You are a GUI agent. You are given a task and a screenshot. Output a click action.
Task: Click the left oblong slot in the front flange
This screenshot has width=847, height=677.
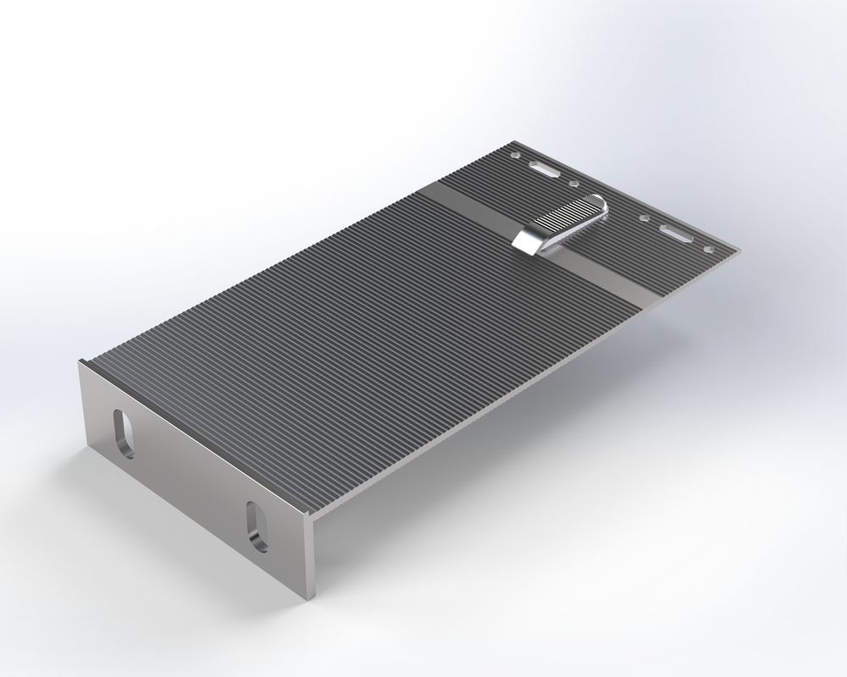(x=125, y=434)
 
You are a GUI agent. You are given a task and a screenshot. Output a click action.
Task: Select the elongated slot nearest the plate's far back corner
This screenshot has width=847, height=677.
(x=544, y=169)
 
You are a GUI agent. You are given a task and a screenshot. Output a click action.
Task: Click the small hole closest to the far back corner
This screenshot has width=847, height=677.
(x=514, y=156)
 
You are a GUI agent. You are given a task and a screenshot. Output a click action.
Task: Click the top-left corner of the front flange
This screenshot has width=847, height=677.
(x=80, y=362)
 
